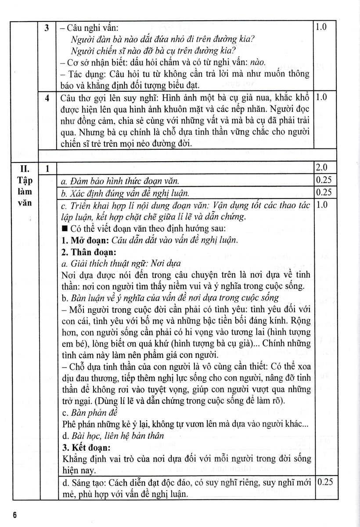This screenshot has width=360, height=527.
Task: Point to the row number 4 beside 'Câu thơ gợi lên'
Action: (47, 97)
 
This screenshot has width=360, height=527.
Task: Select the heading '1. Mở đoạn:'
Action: (82, 240)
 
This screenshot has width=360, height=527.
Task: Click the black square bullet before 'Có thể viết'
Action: (64, 229)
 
